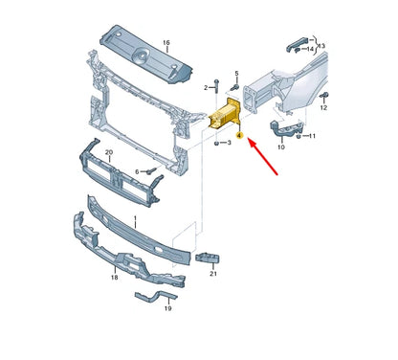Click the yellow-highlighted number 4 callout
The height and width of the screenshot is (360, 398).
click(238, 137)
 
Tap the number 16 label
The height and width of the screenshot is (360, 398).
click(165, 44)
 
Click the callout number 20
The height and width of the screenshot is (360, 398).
click(108, 153)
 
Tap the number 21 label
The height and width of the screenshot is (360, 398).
click(212, 275)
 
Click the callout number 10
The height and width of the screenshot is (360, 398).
click(281, 147)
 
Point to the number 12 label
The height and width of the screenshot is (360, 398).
click(323, 108)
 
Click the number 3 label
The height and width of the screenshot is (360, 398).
click(214, 144)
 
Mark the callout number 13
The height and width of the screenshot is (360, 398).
click(321, 45)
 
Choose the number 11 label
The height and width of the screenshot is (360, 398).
click(314, 137)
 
